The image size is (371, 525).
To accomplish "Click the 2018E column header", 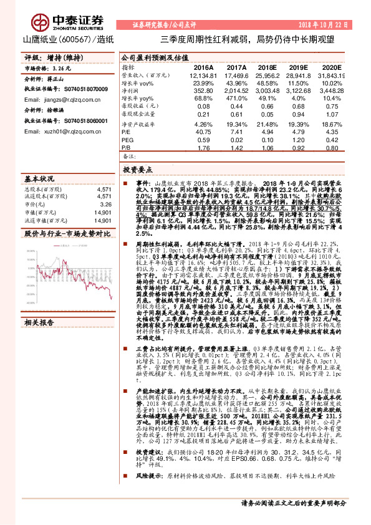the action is [x=267, y=66].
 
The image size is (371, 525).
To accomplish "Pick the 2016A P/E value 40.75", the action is [x=203, y=131].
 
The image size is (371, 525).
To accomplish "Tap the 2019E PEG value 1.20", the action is [x=301, y=140].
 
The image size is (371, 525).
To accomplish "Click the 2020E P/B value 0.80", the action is [x=333, y=148].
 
